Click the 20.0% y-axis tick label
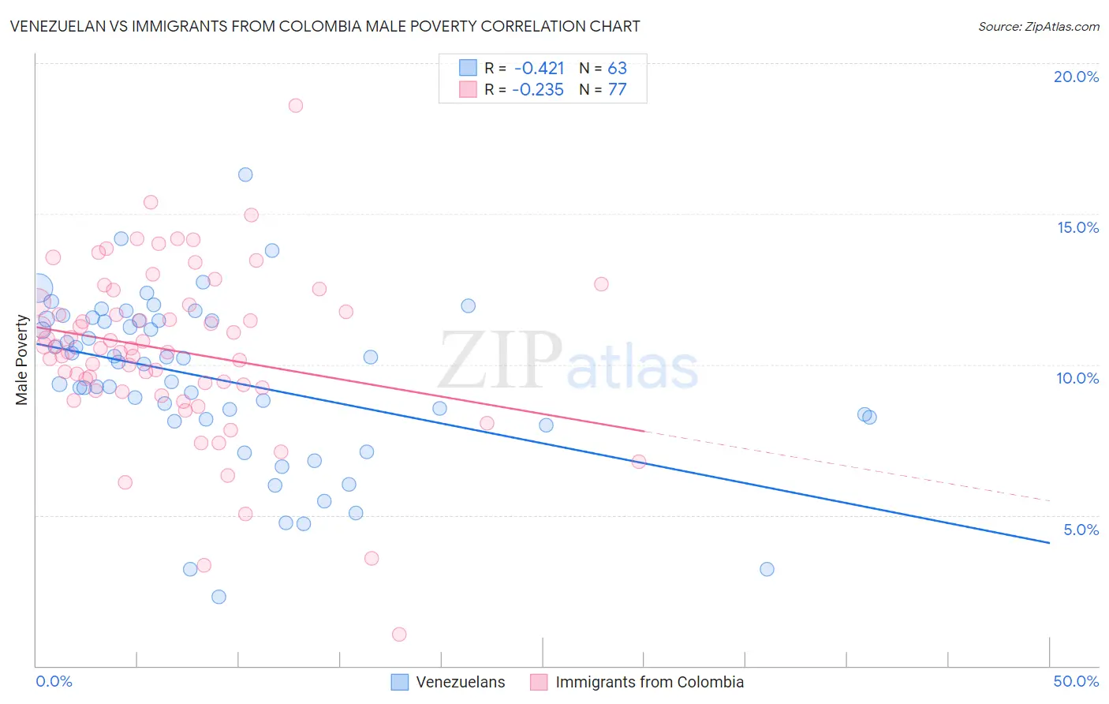[x=1076, y=77]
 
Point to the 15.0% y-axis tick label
[x=1077, y=227]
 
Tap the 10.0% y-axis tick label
[x=1077, y=378]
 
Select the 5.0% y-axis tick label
[x=1081, y=530]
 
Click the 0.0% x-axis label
[x=54, y=681]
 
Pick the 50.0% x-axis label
[x=1076, y=681]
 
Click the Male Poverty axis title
[x=22, y=360]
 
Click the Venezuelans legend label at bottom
[x=461, y=682]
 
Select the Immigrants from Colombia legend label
[x=649, y=682]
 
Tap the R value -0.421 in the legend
[x=539, y=68]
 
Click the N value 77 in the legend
[x=617, y=89]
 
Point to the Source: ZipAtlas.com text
[x=1038, y=26]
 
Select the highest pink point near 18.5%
[x=296, y=106]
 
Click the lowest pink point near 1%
[x=399, y=635]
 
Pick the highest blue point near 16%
[x=245, y=174]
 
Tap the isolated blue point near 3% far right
[x=767, y=569]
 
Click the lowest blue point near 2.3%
[x=219, y=597]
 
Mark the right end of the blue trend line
[x=1049, y=543]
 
